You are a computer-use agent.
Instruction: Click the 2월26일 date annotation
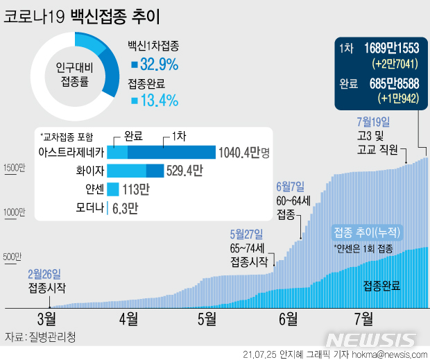coord(44,274)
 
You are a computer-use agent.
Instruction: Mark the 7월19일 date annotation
coord(374,121)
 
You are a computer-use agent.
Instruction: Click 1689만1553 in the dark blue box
coord(388,49)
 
